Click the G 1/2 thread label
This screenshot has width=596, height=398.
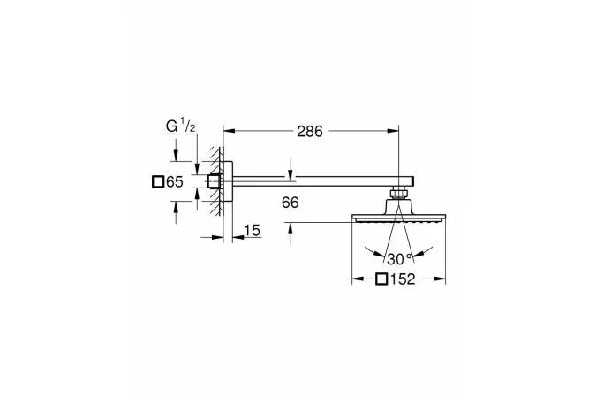[x=181, y=126]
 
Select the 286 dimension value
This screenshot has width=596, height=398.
[x=309, y=132]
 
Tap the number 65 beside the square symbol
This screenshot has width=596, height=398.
[x=175, y=182]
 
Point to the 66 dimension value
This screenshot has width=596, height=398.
[x=290, y=203]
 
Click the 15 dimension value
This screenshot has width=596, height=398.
[x=252, y=231]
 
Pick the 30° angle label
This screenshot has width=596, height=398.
[x=399, y=259]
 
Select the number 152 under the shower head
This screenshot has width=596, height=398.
[x=403, y=279]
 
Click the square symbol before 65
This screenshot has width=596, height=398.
[x=158, y=182]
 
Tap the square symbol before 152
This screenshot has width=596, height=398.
[x=381, y=279]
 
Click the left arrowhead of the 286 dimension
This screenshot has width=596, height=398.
[x=228, y=131]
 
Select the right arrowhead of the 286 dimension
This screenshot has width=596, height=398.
[x=394, y=131]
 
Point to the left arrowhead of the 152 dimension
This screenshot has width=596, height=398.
[x=358, y=279]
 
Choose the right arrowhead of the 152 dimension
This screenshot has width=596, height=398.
[x=441, y=279]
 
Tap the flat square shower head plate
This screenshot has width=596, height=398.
[x=399, y=218]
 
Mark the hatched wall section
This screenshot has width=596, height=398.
[x=216, y=181]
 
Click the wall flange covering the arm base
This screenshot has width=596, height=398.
[x=228, y=181]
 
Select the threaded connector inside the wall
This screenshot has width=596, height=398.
[x=215, y=181]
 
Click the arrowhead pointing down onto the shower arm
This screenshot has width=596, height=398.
[x=290, y=172]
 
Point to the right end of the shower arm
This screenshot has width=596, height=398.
[x=413, y=181]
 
